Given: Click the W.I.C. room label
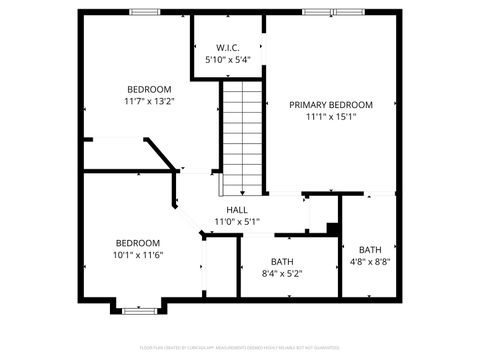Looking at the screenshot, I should point(228,48).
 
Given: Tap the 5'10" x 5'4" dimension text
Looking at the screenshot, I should point(228,60).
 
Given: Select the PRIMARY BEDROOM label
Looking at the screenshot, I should point(331,104).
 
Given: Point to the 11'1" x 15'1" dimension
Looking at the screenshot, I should point(331,116).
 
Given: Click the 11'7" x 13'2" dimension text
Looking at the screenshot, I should point(150,101).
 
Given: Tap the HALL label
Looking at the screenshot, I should point(237,209).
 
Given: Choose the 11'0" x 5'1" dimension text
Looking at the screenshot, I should point(237,221).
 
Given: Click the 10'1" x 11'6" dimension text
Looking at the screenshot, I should point(138,255).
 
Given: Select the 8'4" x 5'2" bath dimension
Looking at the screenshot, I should point(282,273).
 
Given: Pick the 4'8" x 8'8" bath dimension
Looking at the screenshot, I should point(371,262).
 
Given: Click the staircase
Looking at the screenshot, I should point(243,138).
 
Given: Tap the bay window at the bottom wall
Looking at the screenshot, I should point(138,309).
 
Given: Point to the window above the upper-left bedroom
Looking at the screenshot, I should point(145,12).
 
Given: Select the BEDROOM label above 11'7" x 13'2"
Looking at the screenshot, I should point(150,89).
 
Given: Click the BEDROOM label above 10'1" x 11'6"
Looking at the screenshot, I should point(138,243).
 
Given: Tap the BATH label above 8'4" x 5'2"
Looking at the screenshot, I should point(282,261).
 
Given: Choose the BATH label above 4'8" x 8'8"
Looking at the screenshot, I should point(371,250).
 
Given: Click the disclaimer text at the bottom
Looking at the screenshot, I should point(240,348).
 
